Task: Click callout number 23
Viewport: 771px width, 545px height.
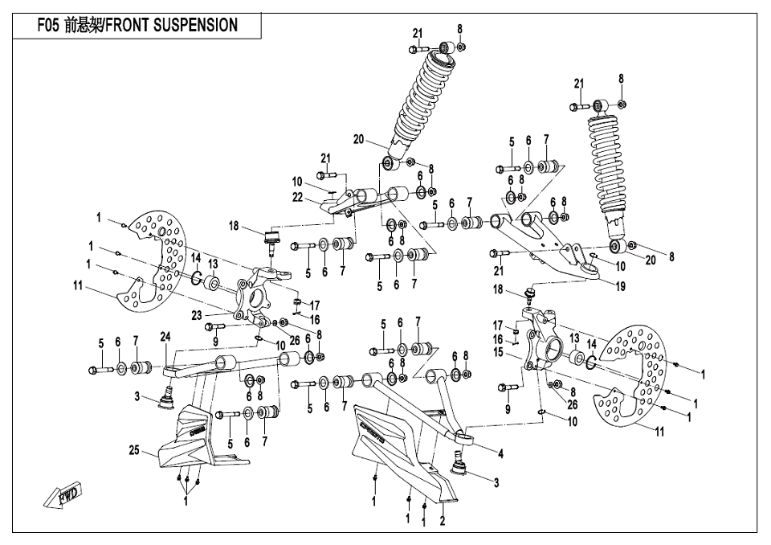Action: pos(197,316)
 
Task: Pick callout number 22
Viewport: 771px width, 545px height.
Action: pos(297,197)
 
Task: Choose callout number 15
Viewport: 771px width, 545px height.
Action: pos(499,352)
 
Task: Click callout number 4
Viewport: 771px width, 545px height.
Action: pos(501,453)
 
